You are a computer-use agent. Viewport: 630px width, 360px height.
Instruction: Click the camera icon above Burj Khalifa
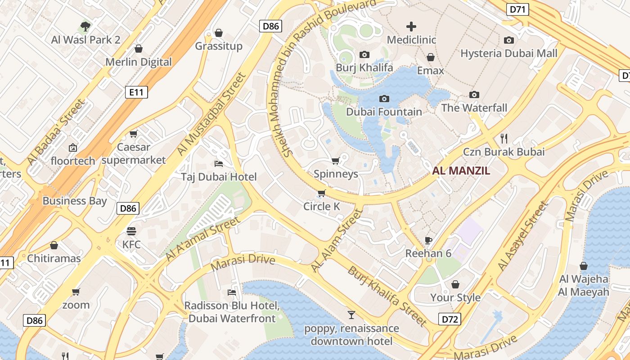click(x=364, y=55)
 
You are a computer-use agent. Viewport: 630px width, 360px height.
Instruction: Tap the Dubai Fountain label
click(x=384, y=112)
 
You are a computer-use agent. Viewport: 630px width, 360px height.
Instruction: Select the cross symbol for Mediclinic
click(x=411, y=27)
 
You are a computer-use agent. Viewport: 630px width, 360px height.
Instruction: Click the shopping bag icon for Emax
click(x=431, y=58)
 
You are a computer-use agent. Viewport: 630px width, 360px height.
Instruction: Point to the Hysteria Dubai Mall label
click(x=508, y=53)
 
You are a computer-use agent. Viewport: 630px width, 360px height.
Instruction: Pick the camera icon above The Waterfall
click(x=474, y=94)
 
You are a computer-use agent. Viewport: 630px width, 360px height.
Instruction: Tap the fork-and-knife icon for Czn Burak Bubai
click(x=504, y=138)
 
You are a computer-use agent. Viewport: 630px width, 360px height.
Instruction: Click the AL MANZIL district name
click(x=461, y=171)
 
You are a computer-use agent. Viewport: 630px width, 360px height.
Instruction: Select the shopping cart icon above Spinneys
click(x=335, y=161)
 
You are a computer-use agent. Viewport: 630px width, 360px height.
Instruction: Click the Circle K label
click(x=321, y=207)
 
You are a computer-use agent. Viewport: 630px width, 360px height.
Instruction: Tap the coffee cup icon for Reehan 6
click(x=428, y=240)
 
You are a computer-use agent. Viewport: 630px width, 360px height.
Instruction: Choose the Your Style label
click(x=455, y=297)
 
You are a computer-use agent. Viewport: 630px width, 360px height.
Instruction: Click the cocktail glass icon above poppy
click(x=351, y=315)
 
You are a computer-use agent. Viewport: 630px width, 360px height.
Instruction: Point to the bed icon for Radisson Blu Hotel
click(x=232, y=292)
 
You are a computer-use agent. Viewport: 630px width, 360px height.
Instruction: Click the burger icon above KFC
click(x=131, y=231)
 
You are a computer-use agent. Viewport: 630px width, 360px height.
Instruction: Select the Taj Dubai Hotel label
click(x=219, y=177)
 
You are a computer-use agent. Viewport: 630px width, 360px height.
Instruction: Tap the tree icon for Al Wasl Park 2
click(x=85, y=27)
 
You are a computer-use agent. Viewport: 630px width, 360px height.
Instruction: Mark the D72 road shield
click(x=450, y=319)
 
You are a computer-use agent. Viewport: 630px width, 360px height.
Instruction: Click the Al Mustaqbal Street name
click(x=212, y=114)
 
